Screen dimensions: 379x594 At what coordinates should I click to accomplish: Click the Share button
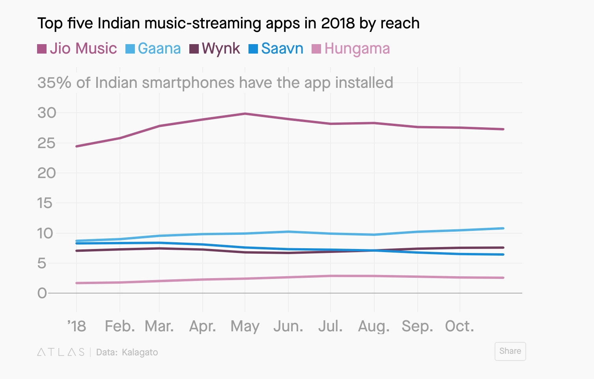click(x=510, y=351)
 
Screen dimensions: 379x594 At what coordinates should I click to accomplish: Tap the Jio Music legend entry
click(x=77, y=48)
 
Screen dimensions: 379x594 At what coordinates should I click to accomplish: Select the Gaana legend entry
click(x=153, y=48)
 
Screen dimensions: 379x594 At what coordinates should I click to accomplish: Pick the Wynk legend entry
click(x=215, y=48)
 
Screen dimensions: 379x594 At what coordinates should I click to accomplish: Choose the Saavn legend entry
click(x=276, y=48)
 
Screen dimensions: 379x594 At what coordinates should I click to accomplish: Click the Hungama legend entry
click(x=351, y=48)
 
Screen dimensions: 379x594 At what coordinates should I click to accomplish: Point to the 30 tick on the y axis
click(x=47, y=113)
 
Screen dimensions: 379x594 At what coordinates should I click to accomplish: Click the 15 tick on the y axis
click(x=45, y=203)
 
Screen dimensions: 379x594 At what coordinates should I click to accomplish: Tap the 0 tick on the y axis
click(x=42, y=293)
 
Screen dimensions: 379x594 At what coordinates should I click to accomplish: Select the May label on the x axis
click(x=245, y=327)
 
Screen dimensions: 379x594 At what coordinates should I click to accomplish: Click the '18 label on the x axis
click(x=77, y=327)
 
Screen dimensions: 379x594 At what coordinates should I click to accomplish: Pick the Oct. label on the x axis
click(x=460, y=327)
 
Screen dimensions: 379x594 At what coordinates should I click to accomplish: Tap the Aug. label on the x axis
click(x=374, y=327)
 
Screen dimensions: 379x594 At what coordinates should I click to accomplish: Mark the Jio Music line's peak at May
click(x=245, y=114)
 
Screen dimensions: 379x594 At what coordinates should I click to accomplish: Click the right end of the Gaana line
click(x=503, y=229)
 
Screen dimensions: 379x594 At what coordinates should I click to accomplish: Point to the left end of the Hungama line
click(x=77, y=283)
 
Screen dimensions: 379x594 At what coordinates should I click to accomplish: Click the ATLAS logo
click(x=61, y=352)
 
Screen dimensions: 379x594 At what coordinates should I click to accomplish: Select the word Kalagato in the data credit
click(x=140, y=352)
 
